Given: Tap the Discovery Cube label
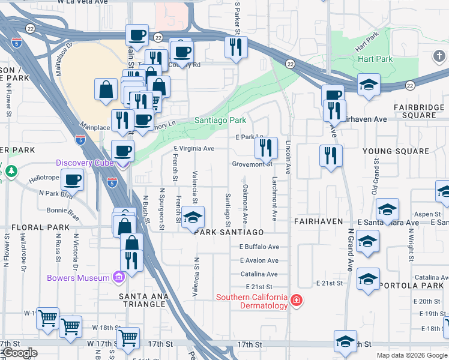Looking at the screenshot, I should (x=83, y=163).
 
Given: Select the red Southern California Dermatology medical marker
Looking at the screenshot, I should (x=296, y=301).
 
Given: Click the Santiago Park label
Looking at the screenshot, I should (x=220, y=121).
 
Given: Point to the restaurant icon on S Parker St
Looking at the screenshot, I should (x=236, y=46).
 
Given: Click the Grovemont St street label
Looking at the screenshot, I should (x=253, y=164).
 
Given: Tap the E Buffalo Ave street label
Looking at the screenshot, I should (x=259, y=247).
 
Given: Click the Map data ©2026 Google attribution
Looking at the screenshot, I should (x=411, y=355).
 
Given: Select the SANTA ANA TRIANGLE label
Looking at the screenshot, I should (x=142, y=300).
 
